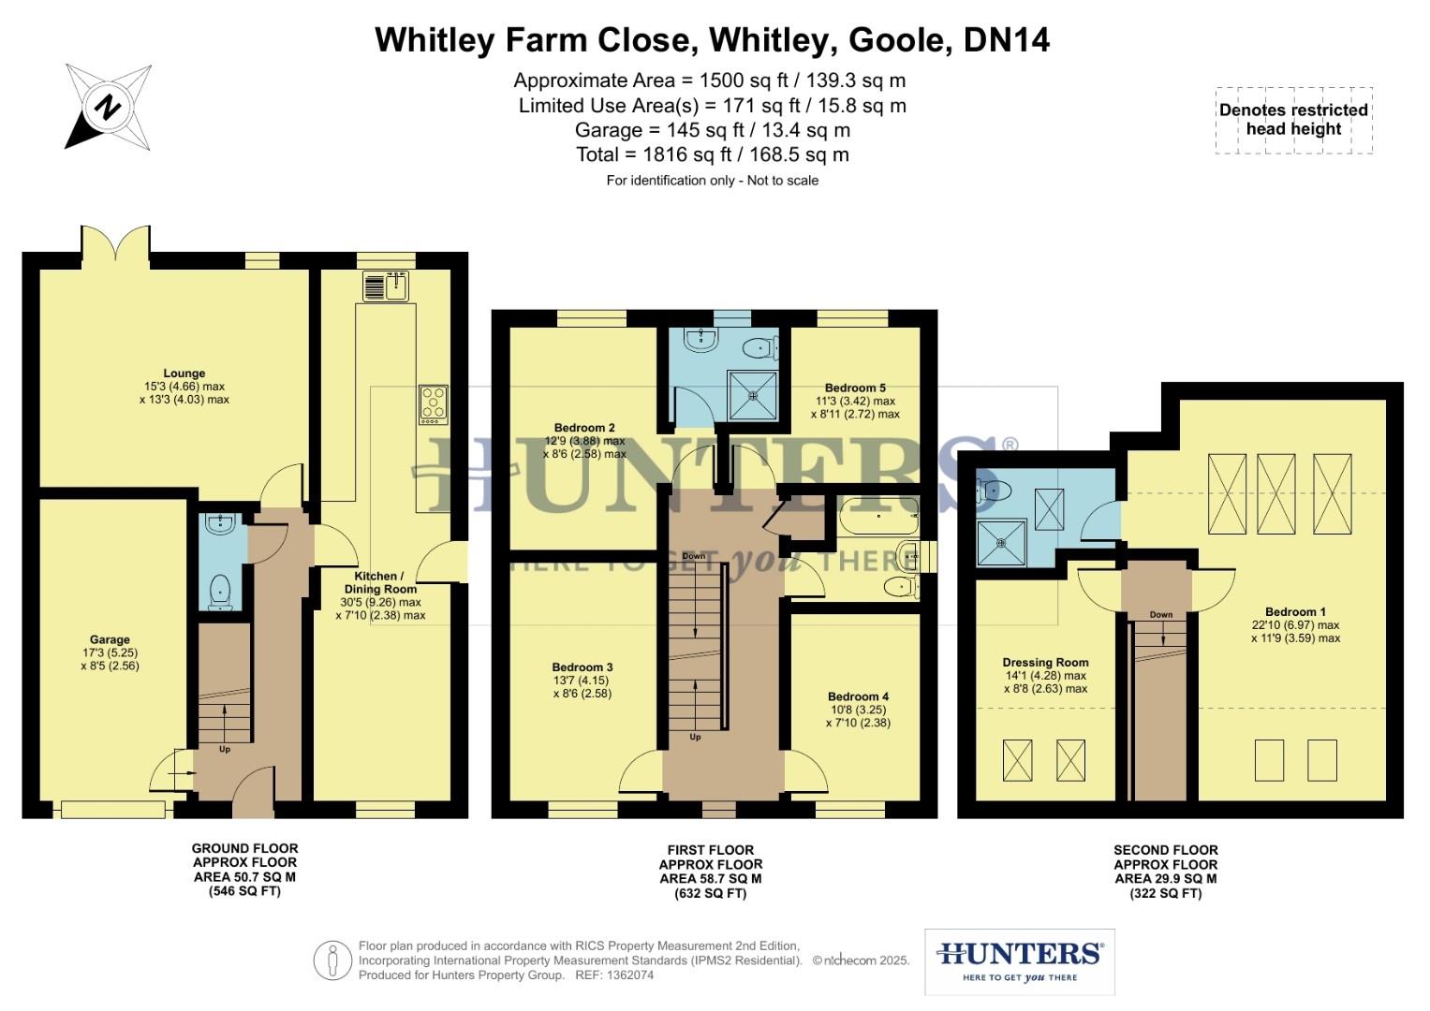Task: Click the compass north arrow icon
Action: (x=108, y=107)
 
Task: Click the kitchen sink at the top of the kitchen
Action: (x=386, y=286)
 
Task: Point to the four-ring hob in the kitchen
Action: (x=434, y=404)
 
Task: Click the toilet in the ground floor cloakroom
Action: (x=220, y=591)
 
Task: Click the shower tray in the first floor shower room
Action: (x=754, y=394)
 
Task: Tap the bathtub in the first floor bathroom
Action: (x=877, y=516)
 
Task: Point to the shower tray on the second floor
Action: (x=1000, y=543)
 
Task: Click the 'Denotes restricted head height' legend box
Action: (x=1293, y=120)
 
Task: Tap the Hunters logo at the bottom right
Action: (x=1019, y=961)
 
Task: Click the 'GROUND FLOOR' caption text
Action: (x=244, y=848)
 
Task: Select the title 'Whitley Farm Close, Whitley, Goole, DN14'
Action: (x=712, y=40)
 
